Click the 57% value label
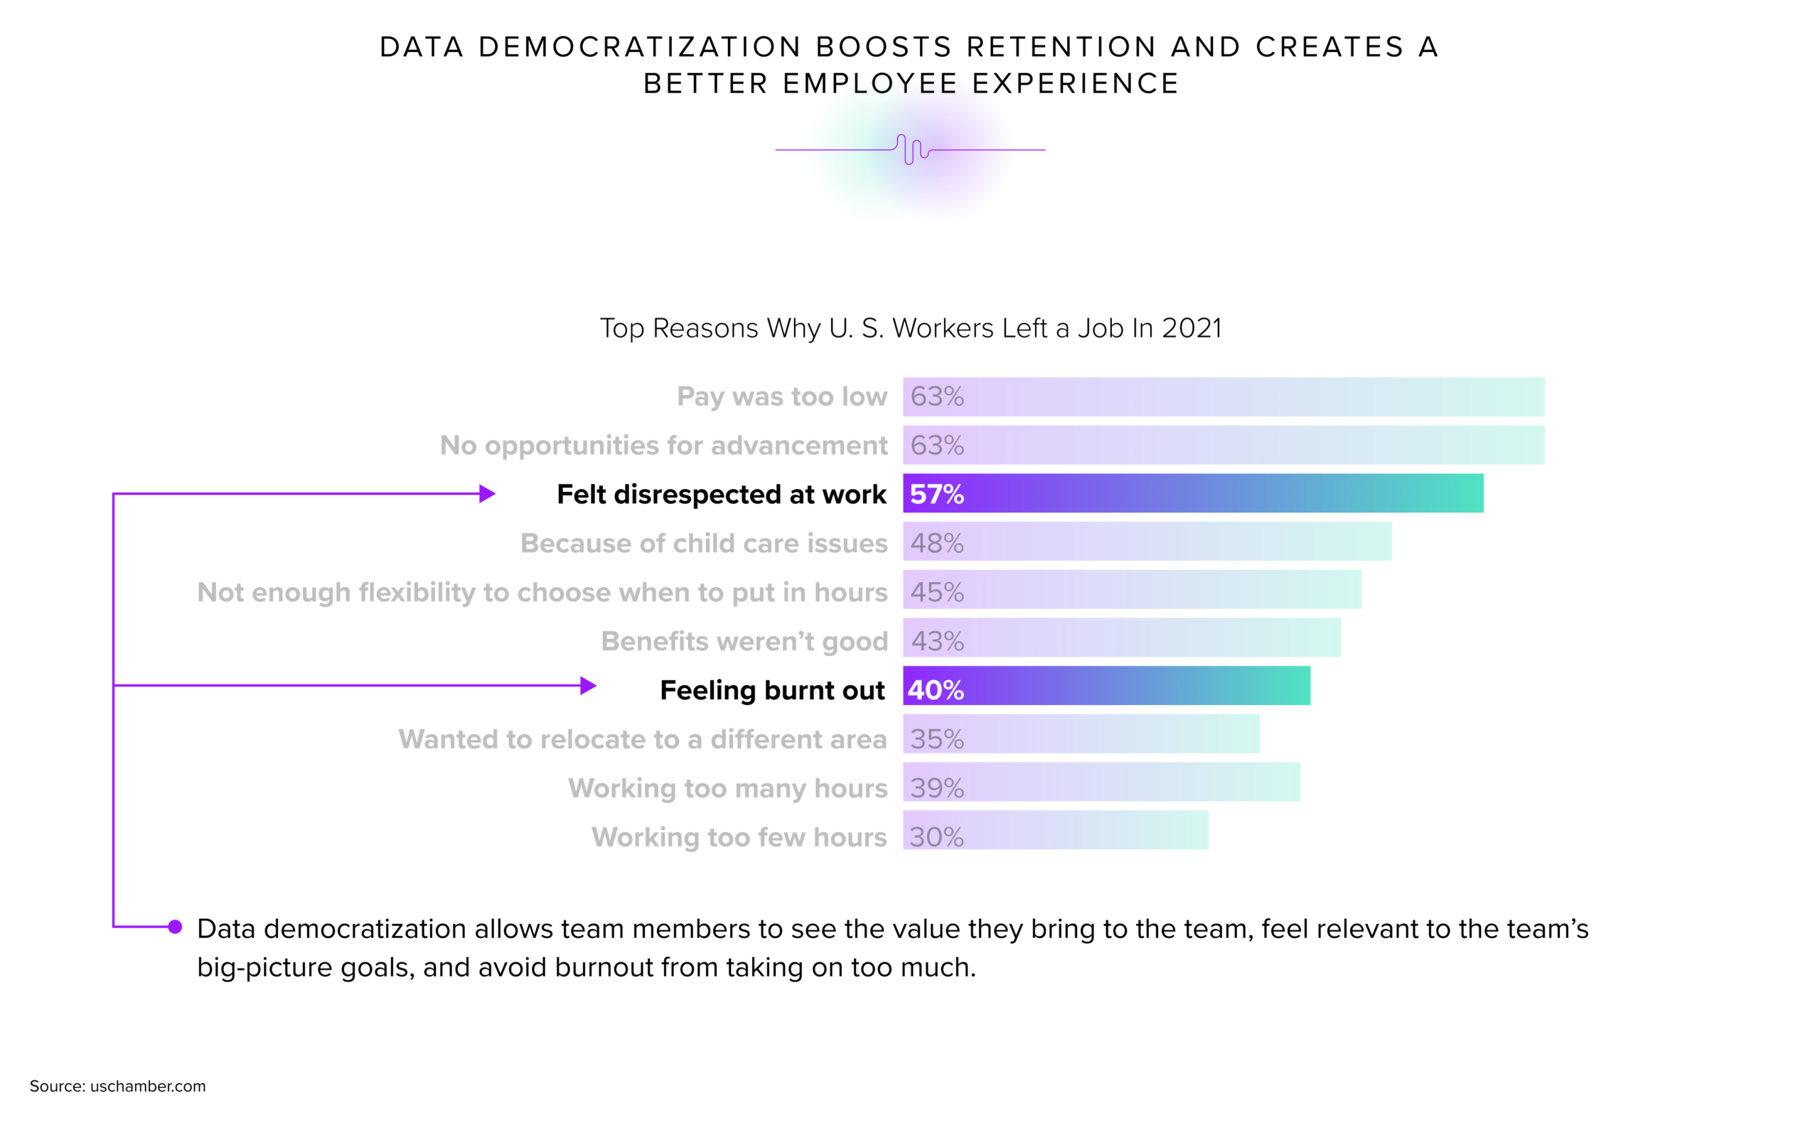(936, 494)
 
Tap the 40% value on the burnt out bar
(935, 690)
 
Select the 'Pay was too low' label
(782, 396)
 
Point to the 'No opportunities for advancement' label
(663, 446)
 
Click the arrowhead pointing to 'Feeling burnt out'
(588, 685)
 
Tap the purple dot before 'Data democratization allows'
(175, 927)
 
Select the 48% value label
(936, 544)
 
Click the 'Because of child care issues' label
(703, 544)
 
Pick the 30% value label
(936, 837)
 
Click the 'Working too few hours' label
(739, 837)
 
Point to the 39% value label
(936, 787)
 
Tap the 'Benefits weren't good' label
(744, 641)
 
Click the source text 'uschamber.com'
(148, 1086)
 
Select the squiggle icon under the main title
(911, 149)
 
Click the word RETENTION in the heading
(1062, 47)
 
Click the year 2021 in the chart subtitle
(1192, 328)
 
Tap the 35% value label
(936, 739)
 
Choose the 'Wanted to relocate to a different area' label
(642, 739)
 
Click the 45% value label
(936, 592)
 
